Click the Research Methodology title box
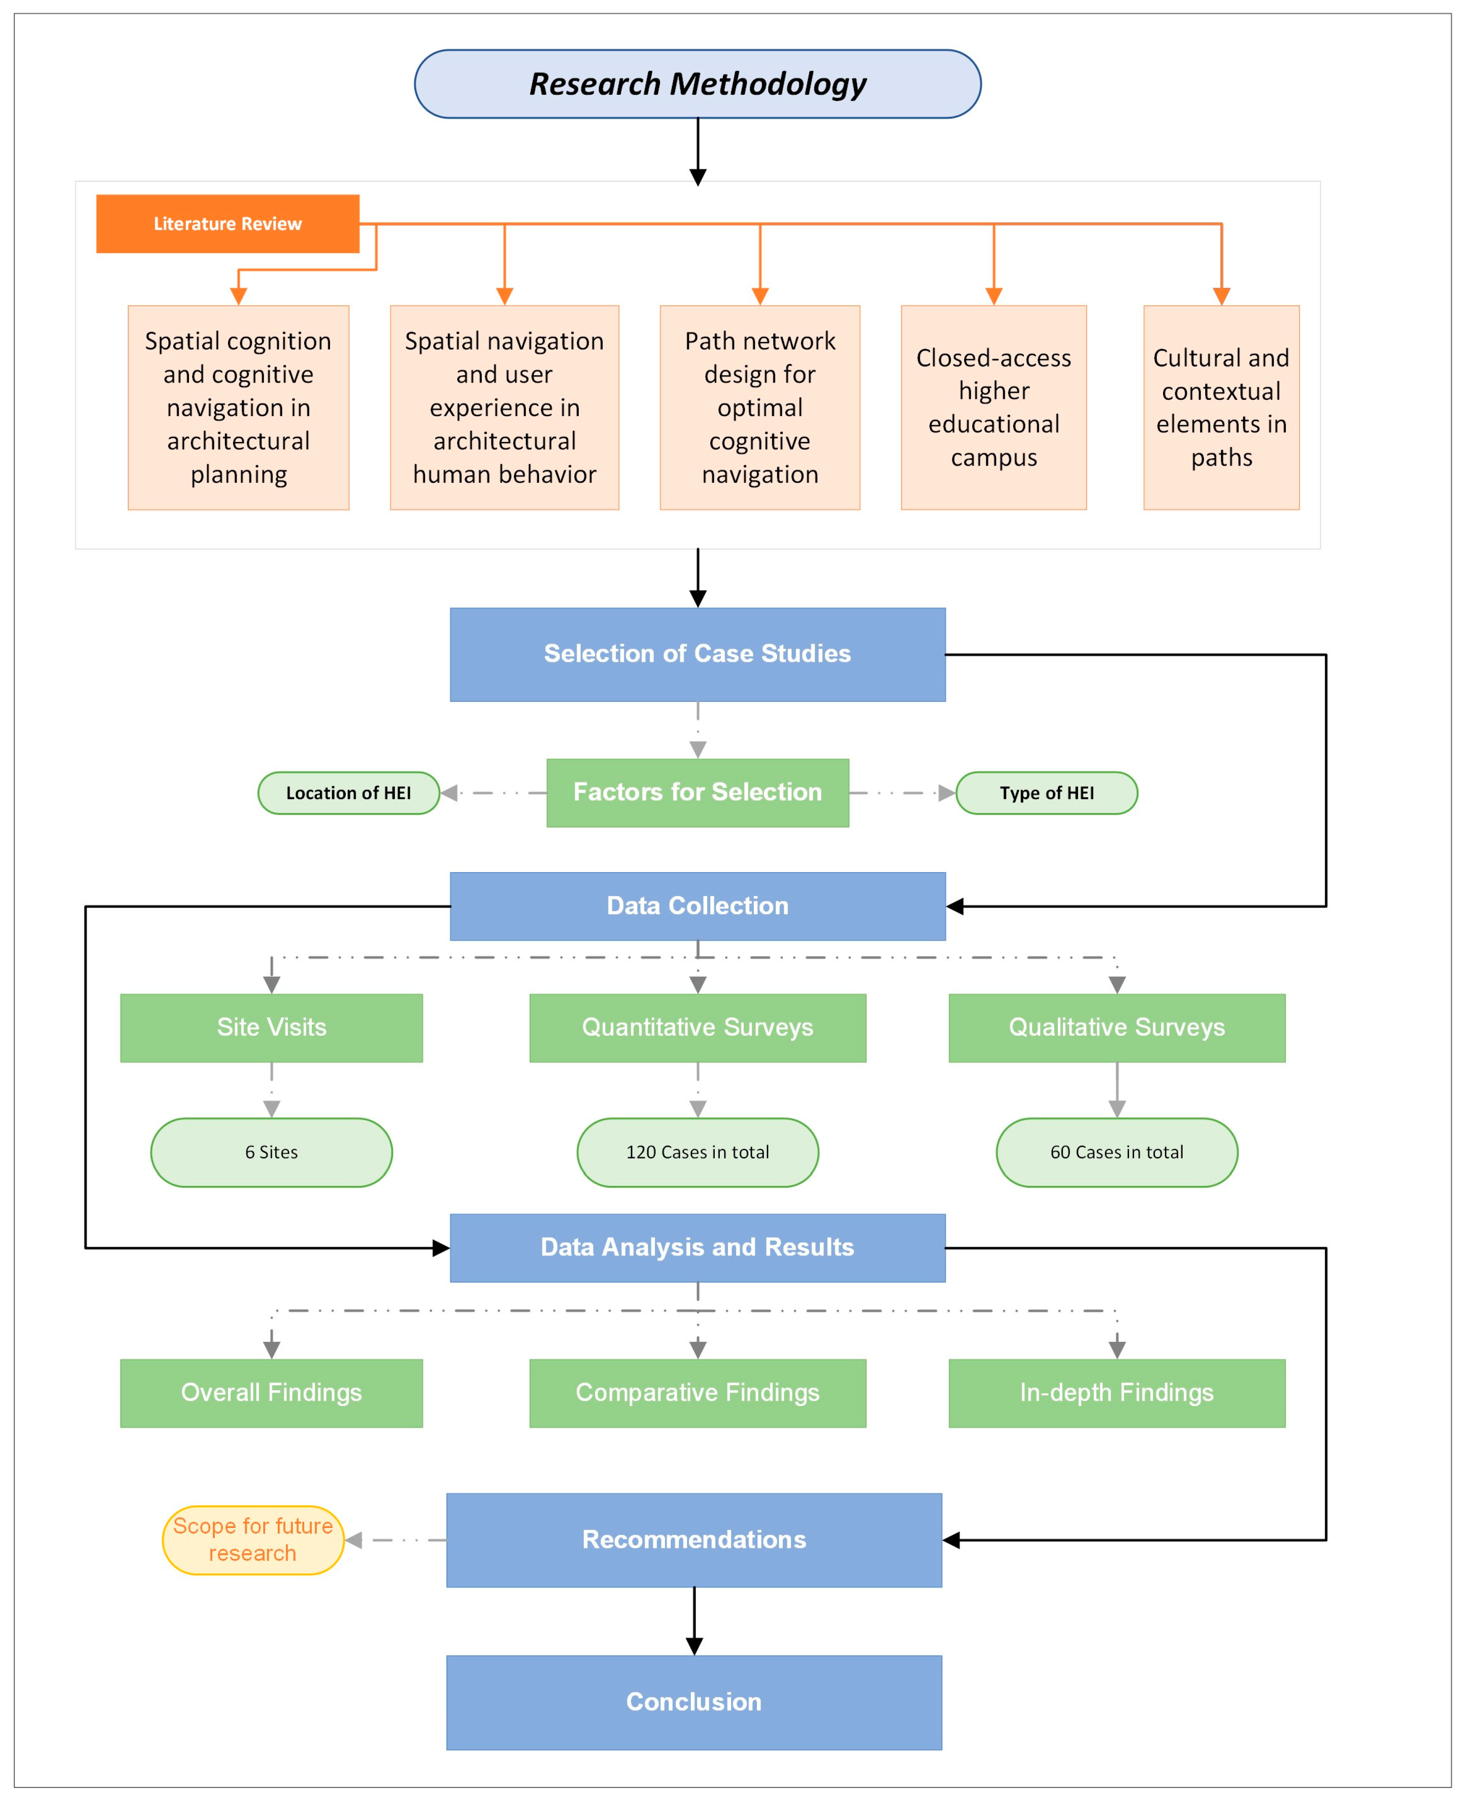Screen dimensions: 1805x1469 (x=697, y=84)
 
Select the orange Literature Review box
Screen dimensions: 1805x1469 (x=228, y=223)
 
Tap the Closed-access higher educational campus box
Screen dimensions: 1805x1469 (x=994, y=407)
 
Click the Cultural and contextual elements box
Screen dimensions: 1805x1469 (x=1221, y=407)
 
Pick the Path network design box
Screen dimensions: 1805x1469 (x=760, y=407)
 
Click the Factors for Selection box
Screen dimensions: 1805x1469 (x=697, y=792)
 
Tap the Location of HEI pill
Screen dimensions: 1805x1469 (x=349, y=793)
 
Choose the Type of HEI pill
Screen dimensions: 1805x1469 (x=1047, y=793)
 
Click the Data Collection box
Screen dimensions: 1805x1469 (x=697, y=906)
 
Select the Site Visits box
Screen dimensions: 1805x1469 (x=271, y=1027)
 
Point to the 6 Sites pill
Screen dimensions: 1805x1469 (x=271, y=1152)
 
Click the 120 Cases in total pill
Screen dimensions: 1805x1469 (x=697, y=1152)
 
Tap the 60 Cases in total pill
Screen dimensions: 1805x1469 (x=1117, y=1152)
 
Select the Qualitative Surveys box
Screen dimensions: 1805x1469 (x=1117, y=1027)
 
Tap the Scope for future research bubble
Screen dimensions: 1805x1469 (x=253, y=1539)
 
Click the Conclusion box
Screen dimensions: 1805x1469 (x=694, y=1702)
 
